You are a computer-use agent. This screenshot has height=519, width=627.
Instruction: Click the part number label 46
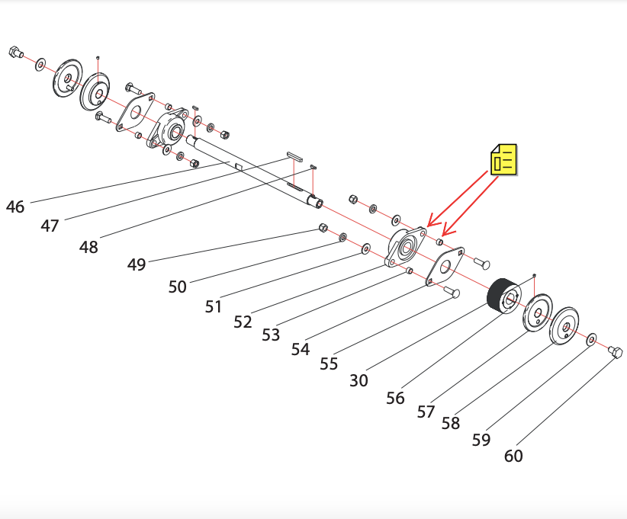[15, 207]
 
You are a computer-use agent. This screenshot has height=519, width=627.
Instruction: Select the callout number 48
[88, 248]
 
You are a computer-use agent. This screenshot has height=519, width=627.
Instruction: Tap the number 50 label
[177, 287]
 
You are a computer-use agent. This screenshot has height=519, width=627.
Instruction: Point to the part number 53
[271, 335]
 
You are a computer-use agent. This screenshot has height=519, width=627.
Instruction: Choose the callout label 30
[359, 380]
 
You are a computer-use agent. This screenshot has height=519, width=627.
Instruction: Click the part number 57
[426, 412]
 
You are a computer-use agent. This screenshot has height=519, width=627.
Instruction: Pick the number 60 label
[513, 456]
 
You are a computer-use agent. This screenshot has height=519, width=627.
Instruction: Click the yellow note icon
[504, 159]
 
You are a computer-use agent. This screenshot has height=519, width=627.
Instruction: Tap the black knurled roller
[503, 295]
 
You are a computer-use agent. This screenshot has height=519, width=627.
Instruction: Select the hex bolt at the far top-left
[15, 52]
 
